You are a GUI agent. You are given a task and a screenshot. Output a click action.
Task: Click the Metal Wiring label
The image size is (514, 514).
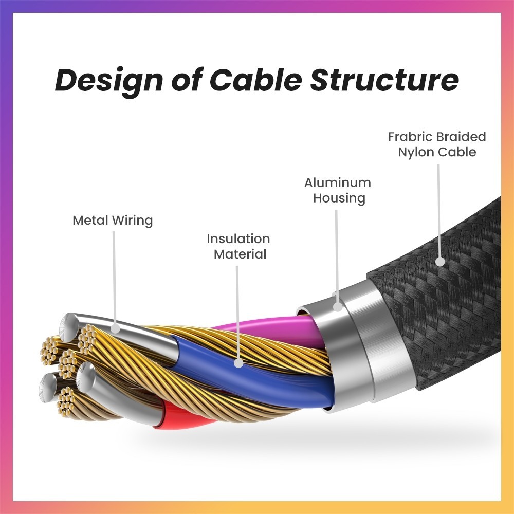(113, 221)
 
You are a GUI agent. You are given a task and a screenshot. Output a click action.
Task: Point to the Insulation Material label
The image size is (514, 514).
(238, 246)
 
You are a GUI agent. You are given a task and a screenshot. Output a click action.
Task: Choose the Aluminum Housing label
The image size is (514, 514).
(338, 190)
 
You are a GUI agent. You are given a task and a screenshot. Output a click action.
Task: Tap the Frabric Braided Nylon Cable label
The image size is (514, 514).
(437, 144)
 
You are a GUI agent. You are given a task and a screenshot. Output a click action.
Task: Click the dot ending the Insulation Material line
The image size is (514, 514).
(238, 363)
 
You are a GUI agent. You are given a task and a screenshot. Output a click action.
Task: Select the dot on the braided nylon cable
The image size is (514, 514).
(440, 261)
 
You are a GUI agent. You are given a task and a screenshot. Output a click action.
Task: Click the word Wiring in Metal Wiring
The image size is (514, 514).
(132, 221)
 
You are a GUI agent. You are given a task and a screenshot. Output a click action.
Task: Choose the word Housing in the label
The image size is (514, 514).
(339, 198)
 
